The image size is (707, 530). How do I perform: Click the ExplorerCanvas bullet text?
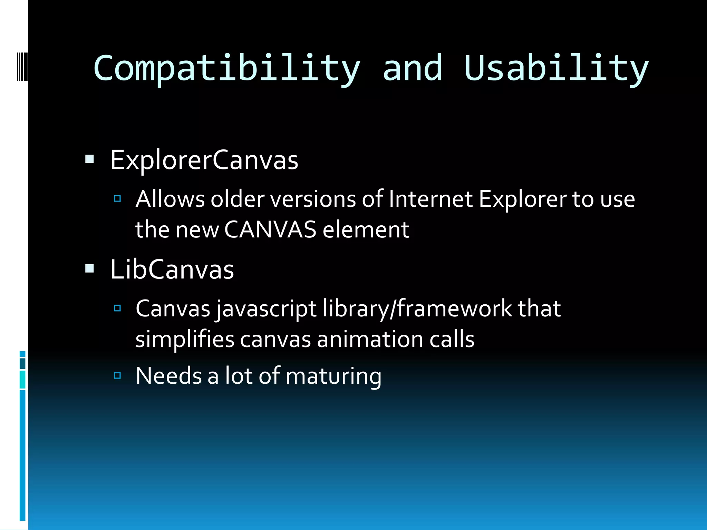pyautogui.click(x=204, y=160)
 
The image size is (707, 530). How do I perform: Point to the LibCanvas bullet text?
pyautogui.click(x=172, y=269)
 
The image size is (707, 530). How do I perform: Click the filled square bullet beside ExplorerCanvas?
pyautogui.click(x=89, y=159)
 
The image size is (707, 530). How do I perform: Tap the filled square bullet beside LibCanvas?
pyautogui.click(x=89, y=268)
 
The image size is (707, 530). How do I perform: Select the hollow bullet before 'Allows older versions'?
pyautogui.click(x=117, y=198)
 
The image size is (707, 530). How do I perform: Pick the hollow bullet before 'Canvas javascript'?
pyautogui.click(x=117, y=308)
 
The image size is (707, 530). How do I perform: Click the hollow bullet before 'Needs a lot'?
pyautogui.click(x=117, y=375)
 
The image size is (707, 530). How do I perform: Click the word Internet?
pyautogui.click(x=430, y=199)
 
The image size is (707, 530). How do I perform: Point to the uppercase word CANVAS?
pyautogui.click(x=270, y=230)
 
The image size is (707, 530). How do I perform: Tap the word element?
pyautogui.click(x=366, y=230)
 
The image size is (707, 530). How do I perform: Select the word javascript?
pyautogui.click(x=266, y=309)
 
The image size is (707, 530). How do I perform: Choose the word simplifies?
pyautogui.click(x=185, y=339)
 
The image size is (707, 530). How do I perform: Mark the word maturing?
pyautogui.click(x=333, y=376)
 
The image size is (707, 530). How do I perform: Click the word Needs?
pyautogui.click(x=168, y=376)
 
